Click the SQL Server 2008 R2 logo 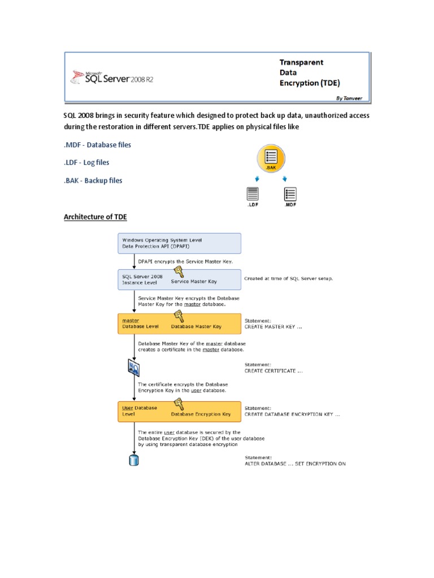[x=111, y=77]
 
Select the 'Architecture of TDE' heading [x=99, y=217]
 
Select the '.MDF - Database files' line [x=97, y=145]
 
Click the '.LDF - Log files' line [x=86, y=163]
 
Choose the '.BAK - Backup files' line [x=93, y=181]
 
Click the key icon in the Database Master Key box [x=178, y=316]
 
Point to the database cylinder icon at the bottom [x=134, y=460]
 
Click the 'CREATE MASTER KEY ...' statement [x=274, y=327]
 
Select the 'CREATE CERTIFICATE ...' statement [x=274, y=371]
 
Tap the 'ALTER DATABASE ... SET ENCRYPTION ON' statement [x=294, y=463]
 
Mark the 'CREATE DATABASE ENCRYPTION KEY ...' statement [x=292, y=414]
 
